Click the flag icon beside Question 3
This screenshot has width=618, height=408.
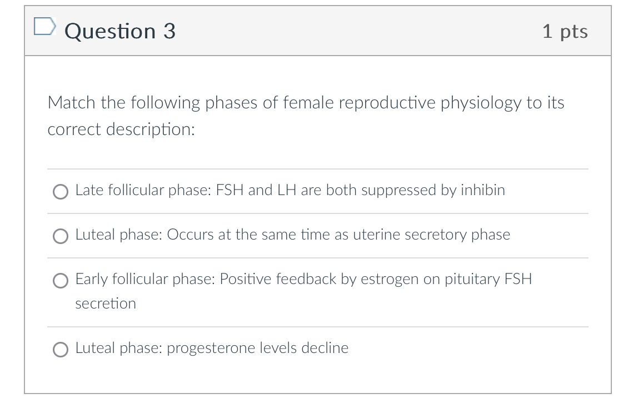pos(44,27)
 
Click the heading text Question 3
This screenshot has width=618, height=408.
pos(120,31)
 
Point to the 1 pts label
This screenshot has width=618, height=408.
pos(565,31)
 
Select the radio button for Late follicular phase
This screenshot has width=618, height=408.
pos(60,191)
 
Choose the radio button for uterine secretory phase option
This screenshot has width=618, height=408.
pos(60,236)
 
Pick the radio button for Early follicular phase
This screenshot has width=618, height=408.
pos(60,281)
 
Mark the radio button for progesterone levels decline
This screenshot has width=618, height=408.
pos(60,350)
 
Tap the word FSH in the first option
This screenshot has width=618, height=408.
pos(230,190)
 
